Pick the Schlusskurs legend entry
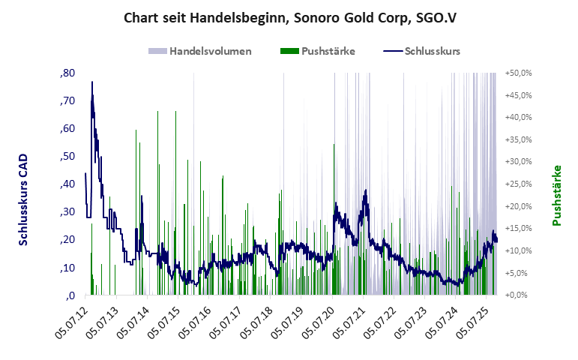421,51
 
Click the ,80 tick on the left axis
66,73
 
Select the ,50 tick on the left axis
66,157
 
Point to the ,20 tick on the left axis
66,240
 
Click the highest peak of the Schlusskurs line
92,82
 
